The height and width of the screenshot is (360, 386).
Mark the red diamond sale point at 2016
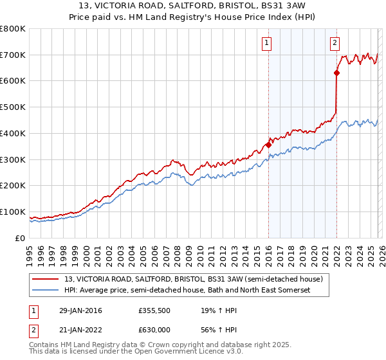point(268,145)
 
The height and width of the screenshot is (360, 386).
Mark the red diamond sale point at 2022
point(336,73)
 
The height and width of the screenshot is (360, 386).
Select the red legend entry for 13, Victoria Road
point(198,279)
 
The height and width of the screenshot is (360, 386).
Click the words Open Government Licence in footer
point(179,353)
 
